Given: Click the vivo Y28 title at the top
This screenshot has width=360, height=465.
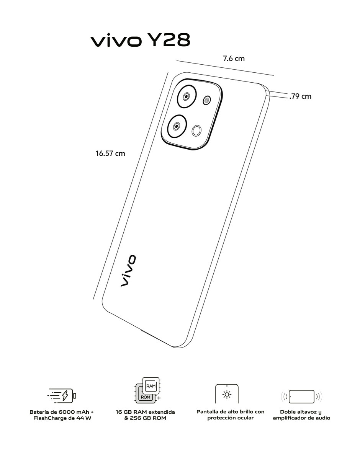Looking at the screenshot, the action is tap(141, 40).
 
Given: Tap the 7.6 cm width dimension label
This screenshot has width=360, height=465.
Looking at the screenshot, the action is tap(234, 59).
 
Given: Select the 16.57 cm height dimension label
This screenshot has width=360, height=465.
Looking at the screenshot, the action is tap(110, 153).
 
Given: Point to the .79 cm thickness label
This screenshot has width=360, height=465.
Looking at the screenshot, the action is tap(300, 96).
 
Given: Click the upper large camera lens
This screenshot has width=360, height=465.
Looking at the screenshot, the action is tap(187, 97).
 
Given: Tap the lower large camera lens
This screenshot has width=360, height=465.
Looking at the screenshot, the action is tap(177, 126).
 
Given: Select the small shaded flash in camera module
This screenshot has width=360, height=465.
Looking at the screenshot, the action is tap(206, 100).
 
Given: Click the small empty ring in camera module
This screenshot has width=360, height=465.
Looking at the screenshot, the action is tap(196, 131).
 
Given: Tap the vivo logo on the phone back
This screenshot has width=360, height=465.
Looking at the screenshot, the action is tap(128, 271).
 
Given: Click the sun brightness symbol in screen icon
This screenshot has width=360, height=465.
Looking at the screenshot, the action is tap(227, 394).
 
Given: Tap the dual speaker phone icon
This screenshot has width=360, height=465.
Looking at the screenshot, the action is tap(301, 396).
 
